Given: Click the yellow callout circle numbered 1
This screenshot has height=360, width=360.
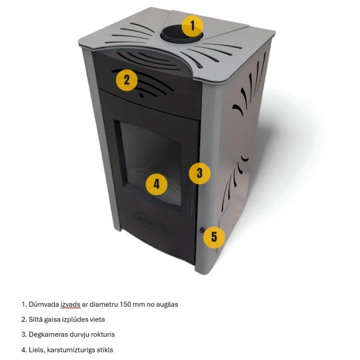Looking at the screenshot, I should (193, 25).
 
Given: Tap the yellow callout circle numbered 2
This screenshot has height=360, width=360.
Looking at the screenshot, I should (127, 79).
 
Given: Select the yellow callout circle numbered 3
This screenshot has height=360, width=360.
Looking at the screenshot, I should (200, 173).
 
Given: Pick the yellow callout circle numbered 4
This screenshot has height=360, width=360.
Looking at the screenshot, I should (156, 183).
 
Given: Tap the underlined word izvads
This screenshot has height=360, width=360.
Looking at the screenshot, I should (71, 304).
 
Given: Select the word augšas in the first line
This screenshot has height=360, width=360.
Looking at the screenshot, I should (167, 304).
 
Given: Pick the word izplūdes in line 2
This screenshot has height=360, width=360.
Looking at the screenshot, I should (74, 319).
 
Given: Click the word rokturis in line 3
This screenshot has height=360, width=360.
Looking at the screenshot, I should (102, 334).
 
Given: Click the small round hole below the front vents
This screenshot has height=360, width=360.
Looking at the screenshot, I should (141, 96).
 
